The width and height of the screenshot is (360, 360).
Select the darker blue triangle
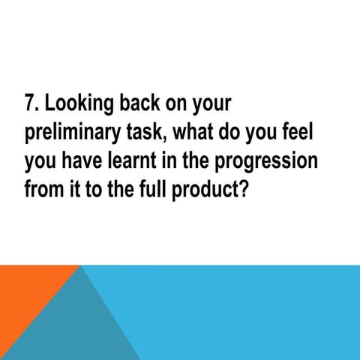[82, 322]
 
